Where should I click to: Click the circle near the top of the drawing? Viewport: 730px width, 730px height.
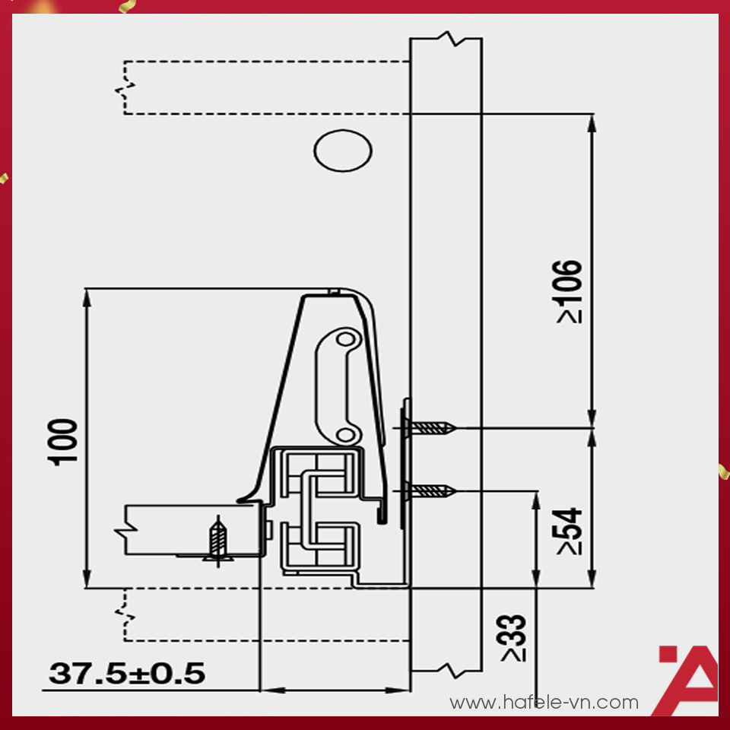(343, 151)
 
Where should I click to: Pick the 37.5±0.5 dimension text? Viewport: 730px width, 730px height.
(127, 674)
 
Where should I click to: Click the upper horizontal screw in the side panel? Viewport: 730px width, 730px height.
(430, 428)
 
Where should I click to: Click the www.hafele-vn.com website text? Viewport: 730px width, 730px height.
(544, 703)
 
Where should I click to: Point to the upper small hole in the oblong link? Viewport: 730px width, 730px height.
(345, 337)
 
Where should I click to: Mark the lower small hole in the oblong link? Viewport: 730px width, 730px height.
(345, 434)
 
